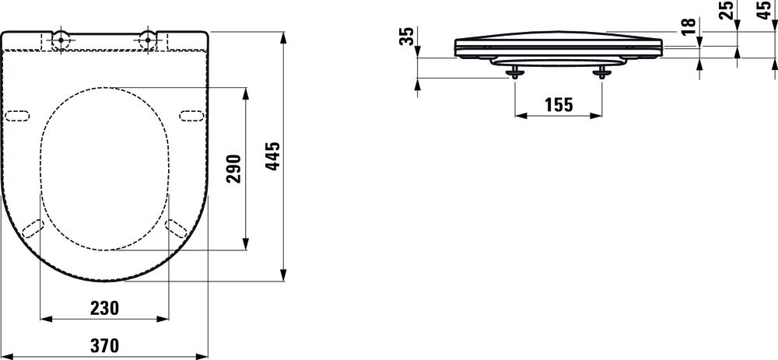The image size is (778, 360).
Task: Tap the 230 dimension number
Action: [x=105, y=308]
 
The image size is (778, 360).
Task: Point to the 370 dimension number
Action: [x=105, y=346]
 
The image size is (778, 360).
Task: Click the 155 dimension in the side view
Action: [x=559, y=104]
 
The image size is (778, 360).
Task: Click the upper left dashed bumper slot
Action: [x=18, y=116]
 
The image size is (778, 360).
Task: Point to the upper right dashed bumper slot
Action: [x=191, y=116]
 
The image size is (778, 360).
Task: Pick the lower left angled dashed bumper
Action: [x=33, y=227]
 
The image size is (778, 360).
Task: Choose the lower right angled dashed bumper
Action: [x=176, y=227]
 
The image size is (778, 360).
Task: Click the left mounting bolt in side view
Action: [x=515, y=72]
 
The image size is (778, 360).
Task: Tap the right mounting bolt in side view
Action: [x=601, y=72]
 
